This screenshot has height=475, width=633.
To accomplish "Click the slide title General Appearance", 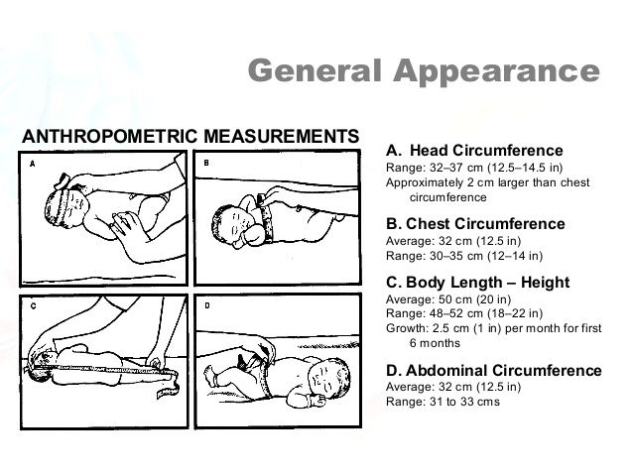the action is point(424,71).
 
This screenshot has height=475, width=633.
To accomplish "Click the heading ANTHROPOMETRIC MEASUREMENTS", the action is point(190,136).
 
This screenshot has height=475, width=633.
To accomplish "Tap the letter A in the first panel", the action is point(33,164).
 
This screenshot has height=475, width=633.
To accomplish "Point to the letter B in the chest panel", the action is point(206,163).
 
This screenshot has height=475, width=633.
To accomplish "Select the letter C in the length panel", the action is point(33,306).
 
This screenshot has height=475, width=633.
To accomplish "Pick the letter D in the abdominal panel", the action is point(207,305).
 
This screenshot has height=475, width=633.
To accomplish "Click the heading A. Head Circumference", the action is point(474,151).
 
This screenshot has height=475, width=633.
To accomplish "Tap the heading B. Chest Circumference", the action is point(475,224).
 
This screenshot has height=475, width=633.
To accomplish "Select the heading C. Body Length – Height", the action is point(477,282).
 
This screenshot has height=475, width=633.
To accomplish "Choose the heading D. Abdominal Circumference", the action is point(494,370).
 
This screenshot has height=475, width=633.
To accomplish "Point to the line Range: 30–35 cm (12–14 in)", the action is point(464,256).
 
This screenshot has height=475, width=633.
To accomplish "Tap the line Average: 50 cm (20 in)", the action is point(448,299).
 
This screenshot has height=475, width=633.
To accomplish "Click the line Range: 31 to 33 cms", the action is point(443,402).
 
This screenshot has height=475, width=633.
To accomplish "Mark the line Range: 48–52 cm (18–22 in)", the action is point(464,313).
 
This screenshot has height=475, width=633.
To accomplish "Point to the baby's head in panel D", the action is point(329,378).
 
